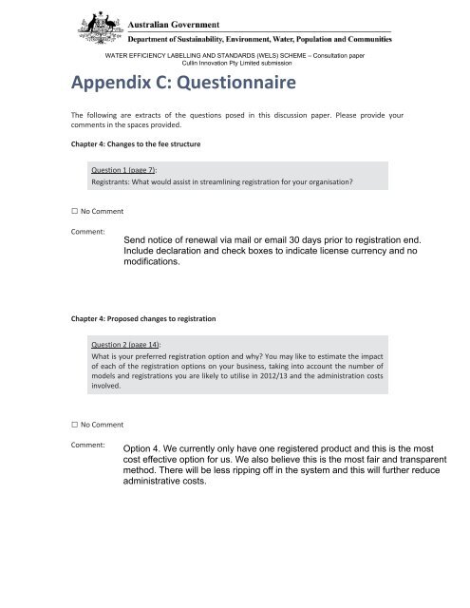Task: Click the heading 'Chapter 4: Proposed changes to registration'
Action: tap(147, 319)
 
